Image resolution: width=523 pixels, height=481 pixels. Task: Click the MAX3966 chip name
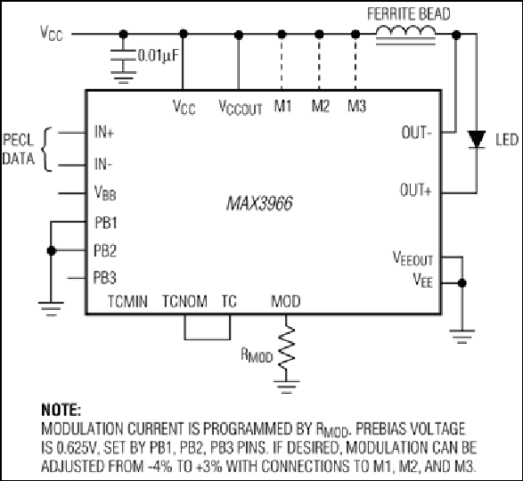[x=259, y=203]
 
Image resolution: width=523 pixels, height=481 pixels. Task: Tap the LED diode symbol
[x=477, y=140]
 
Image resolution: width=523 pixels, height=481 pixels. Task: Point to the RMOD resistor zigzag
[x=286, y=348]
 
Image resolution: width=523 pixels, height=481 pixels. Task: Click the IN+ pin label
[x=104, y=132]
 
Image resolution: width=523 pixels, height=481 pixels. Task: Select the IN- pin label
[x=103, y=164]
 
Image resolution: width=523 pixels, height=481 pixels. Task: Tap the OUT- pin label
[x=417, y=133]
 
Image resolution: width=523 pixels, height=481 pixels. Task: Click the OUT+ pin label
[x=416, y=190]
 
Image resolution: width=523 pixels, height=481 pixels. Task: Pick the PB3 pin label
[x=105, y=278]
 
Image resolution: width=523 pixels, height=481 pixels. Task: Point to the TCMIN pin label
[x=127, y=302]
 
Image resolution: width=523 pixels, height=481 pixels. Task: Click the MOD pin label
[x=286, y=302]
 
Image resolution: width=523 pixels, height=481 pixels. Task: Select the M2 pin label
[x=321, y=106]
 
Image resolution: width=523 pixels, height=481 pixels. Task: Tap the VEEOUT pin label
[x=413, y=258]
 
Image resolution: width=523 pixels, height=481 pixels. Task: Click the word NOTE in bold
[x=61, y=410]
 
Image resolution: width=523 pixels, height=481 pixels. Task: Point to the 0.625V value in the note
[x=76, y=448]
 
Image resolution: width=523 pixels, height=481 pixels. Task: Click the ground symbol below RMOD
[x=286, y=387]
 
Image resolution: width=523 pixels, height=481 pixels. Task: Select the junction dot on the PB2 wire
[x=51, y=250]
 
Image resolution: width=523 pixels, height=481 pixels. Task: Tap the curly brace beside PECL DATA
[x=47, y=149]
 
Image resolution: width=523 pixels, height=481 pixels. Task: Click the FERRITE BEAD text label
[x=409, y=14]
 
